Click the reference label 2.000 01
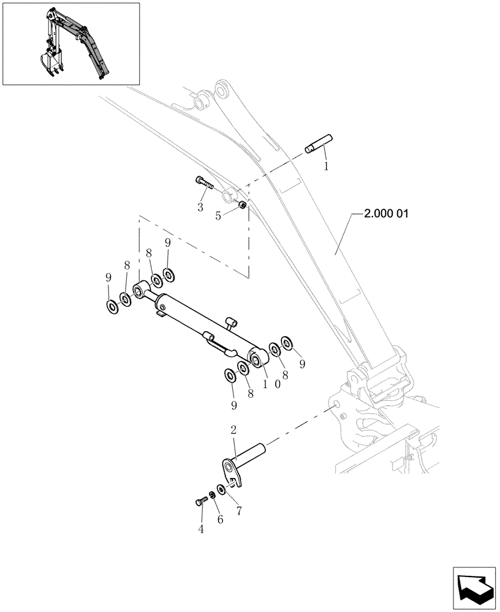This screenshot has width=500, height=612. click(385, 214)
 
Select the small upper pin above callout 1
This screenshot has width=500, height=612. click(318, 144)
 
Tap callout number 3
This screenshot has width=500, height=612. click(200, 208)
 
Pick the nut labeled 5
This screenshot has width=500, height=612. click(243, 206)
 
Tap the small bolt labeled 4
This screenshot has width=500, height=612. click(199, 502)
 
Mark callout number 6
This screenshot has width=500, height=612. click(219, 519)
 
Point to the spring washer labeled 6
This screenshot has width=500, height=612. click(211, 495)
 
